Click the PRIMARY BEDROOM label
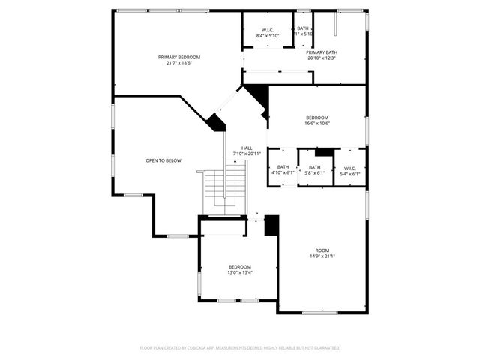click(x=179, y=58)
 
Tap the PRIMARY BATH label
click(x=322, y=52)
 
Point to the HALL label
click(x=247, y=148)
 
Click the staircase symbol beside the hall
click(x=226, y=187)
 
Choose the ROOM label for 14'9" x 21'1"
click(x=322, y=250)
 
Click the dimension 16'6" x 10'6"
click(x=317, y=124)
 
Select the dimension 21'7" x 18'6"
click(x=179, y=64)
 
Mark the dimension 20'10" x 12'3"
click(x=322, y=58)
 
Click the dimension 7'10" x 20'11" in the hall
click(x=247, y=154)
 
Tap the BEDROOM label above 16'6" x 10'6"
click(x=317, y=118)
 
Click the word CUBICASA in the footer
click(x=206, y=348)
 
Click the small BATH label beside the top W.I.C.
click(x=303, y=28)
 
